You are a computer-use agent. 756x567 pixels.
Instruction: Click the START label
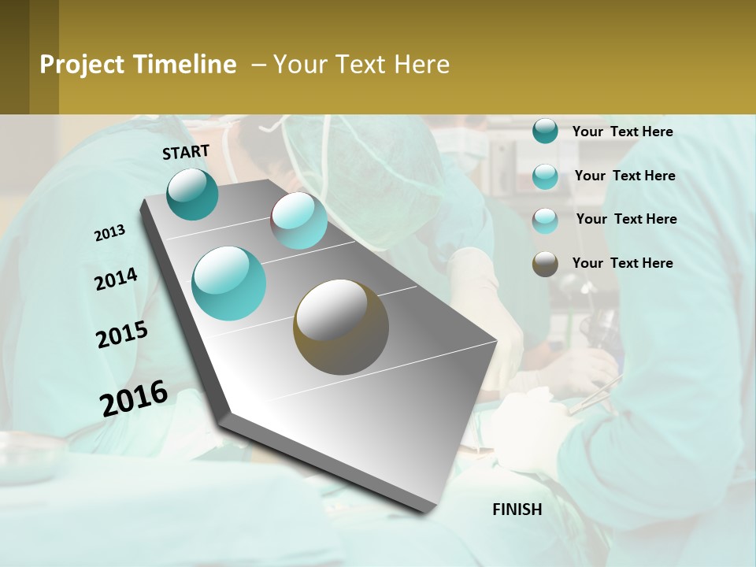point(186,151)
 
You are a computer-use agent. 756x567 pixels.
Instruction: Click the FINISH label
point(517,510)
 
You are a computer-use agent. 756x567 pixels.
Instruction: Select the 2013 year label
point(109,233)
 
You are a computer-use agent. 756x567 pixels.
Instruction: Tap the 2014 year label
point(116,280)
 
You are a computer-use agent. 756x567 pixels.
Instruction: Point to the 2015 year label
point(122,335)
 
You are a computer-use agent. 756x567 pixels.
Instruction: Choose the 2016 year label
point(134,398)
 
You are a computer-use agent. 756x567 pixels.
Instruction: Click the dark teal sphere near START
point(193,194)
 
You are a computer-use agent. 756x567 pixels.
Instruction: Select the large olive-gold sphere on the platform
point(341,326)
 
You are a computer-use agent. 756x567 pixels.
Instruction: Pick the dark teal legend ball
point(545,132)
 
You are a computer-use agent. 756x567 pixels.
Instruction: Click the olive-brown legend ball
point(545,264)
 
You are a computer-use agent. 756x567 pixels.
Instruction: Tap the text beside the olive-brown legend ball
point(622,263)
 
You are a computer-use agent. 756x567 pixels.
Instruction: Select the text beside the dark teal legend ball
point(622,132)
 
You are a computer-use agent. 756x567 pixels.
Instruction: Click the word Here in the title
point(422,65)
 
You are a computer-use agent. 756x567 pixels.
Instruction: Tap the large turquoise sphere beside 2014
point(229,283)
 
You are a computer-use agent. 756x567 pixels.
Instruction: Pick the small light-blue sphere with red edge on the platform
point(299,220)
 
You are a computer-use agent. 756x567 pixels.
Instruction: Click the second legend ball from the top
point(545,176)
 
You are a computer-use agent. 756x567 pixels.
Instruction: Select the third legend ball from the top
point(545,220)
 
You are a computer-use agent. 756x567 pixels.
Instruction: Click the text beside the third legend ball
point(626,219)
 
